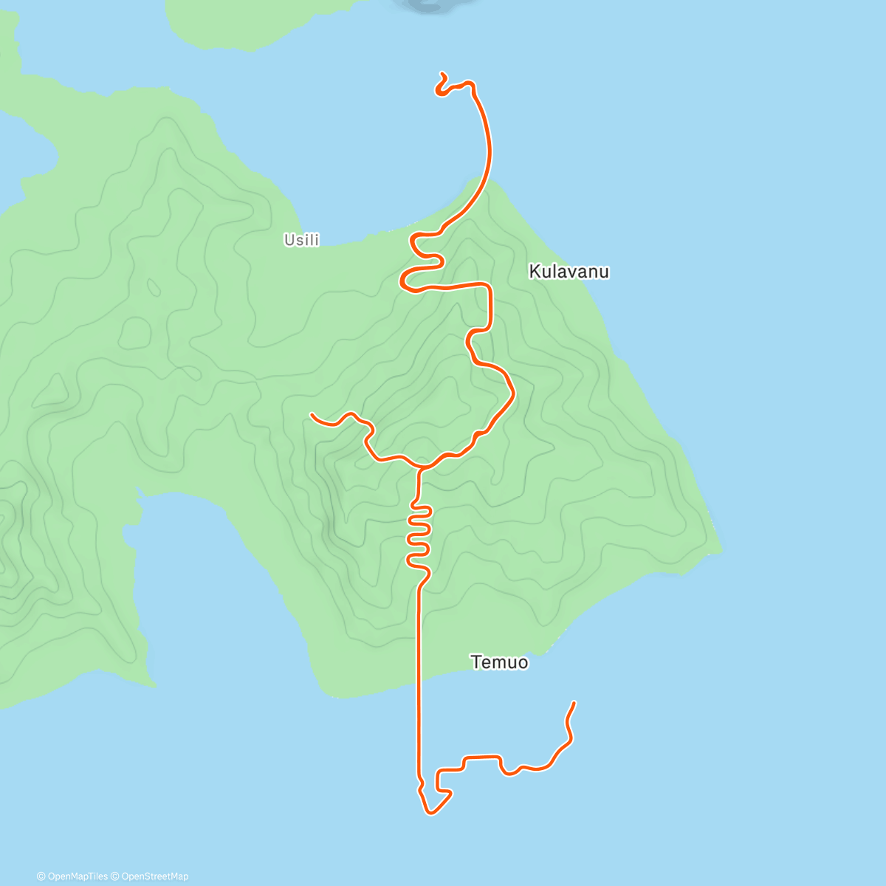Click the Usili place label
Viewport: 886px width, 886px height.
(301, 240)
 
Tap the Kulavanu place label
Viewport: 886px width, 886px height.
(569, 272)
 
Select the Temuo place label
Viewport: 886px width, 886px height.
(500, 662)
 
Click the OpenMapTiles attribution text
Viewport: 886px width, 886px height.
(77, 876)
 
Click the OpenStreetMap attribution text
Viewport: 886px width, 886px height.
(155, 876)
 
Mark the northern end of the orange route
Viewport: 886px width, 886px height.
(442, 73)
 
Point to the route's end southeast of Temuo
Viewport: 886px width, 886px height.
(574, 703)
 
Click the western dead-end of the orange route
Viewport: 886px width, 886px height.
(312, 415)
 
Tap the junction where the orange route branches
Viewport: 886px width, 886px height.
(420, 468)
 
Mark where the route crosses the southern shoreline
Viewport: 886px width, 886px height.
(419, 686)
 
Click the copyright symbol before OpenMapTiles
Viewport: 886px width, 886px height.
(41, 876)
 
